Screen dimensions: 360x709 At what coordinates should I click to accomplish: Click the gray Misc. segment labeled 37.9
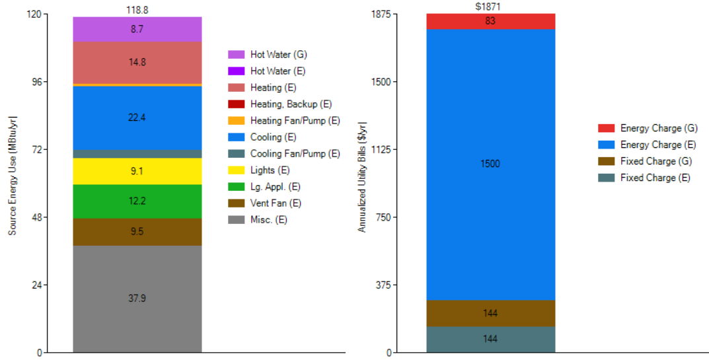pyautogui.click(x=137, y=299)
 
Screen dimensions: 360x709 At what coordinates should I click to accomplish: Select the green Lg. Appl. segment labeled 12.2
pyautogui.click(x=137, y=201)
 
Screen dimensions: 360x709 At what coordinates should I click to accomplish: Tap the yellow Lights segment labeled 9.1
pyautogui.click(x=137, y=171)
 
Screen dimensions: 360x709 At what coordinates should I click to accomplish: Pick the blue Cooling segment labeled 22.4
pyautogui.click(x=137, y=118)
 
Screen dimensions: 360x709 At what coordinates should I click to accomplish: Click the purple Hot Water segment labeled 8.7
pyautogui.click(x=137, y=30)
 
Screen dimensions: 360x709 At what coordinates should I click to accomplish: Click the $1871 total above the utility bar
pyautogui.click(x=490, y=7)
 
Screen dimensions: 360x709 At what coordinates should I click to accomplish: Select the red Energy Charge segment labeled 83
pyautogui.click(x=490, y=21)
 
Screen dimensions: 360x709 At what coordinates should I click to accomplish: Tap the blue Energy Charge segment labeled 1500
pyautogui.click(x=490, y=164)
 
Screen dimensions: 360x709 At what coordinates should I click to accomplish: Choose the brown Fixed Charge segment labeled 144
pyautogui.click(x=490, y=313)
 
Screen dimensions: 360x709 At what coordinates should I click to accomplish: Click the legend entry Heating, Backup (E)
pyautogui.click(x=291, y=104)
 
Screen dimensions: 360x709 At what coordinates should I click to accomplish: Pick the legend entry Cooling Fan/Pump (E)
pyautogui.click(x=295, y=154)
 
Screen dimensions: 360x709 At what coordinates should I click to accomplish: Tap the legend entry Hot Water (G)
pyautogui.click(x=278, y=54)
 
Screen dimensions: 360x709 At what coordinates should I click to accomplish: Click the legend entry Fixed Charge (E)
pyautogui.click(x=655, y=178)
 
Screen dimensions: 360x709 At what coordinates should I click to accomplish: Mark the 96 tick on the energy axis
pyautogui.click(x=36, y=82)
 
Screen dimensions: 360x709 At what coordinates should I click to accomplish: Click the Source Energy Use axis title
pyautogui.click(x=13, y=183)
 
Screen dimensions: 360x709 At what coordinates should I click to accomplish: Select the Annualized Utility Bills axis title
pyautogui.click(x=362, y=176)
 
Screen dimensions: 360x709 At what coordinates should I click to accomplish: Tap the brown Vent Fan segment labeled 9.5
pyautogui.click(x=137, y=232)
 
